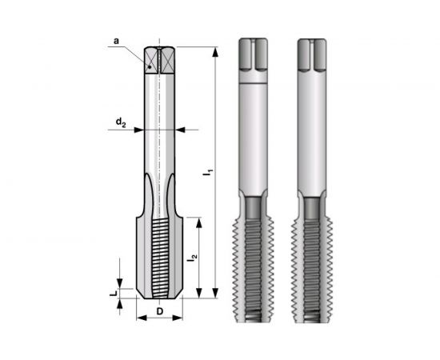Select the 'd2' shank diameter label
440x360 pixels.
(119, 122)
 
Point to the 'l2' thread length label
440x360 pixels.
(193, 258)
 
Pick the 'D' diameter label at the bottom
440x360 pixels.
(160, 311)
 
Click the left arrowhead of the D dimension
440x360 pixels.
(138, 318)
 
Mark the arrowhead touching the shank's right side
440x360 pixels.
(178, 128)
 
